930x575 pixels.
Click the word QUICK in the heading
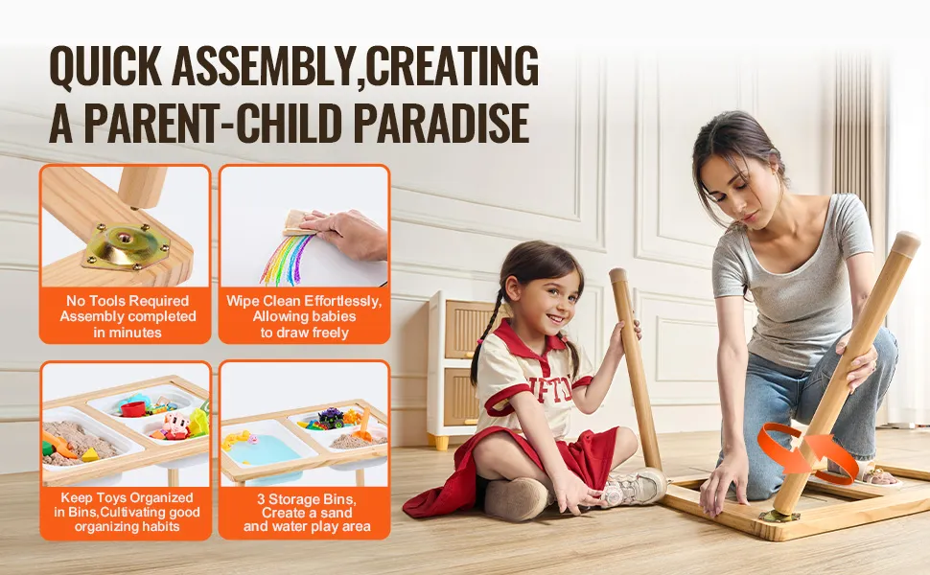[105, 65]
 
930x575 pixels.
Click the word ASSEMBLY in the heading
[266, 65]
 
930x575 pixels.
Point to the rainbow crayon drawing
[287, 256]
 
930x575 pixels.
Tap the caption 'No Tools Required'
[127, 301]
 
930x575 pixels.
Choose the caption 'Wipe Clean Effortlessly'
[304, 301]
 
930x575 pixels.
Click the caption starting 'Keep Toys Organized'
[127, 512]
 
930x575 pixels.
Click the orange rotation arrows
[807, 451]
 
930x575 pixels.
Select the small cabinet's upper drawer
[468, 329]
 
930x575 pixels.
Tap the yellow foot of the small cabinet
[440, 442]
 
